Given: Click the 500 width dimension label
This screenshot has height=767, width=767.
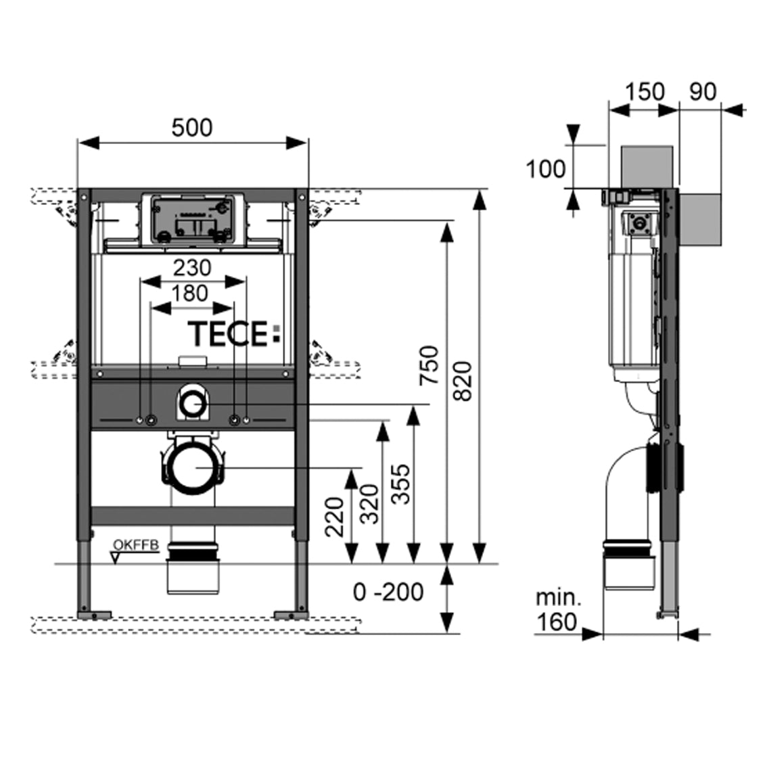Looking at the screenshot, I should (191, 127).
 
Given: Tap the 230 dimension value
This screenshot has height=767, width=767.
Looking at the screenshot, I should (191, 268).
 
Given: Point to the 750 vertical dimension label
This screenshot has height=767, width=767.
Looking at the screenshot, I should (429, 365).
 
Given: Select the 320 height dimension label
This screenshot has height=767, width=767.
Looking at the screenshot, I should (369, 505).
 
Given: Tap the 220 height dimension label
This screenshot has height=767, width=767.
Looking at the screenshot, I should (336, 517).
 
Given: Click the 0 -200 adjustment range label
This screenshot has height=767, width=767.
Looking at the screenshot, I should (388, 592).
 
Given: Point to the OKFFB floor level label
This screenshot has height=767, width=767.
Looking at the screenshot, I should (137, 543).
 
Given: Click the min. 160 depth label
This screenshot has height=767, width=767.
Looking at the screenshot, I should (558, 609).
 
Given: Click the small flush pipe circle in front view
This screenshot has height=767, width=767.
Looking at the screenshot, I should (193, 404).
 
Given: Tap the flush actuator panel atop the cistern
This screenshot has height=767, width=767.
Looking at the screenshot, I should (191, 220).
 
